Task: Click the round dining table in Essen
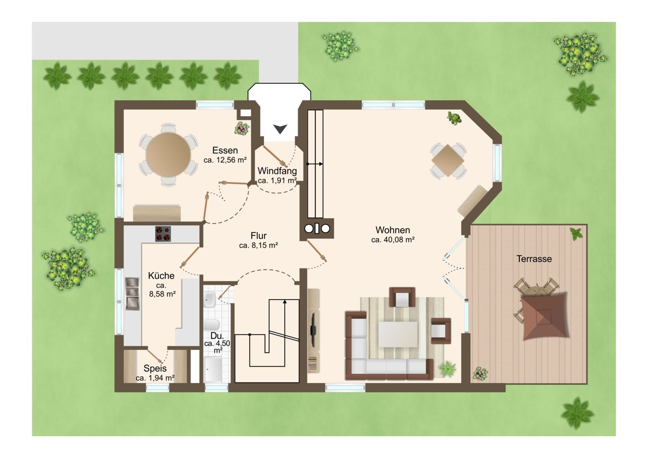(x=168, y=155)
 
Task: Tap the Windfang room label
(x=277, y=171)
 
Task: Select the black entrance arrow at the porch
(x=280, y=129)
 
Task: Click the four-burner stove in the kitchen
(x=163, y=234)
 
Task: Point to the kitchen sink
(x=132, y=294)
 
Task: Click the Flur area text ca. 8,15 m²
(x=259, y=246)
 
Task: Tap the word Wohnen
(x=393, y=230)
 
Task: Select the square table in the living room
(x=448, y=160)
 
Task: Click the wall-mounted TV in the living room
(x=313, y=329)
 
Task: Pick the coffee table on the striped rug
(x=398, y=334)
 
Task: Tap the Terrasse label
(x=534, y=259)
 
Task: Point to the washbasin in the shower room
(x=209, y=299)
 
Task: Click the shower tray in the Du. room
(x=213, y=370)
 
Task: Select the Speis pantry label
(x=155, y=368)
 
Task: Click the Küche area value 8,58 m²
(x=163, y=294)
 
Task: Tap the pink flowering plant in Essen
(x=242, y=128)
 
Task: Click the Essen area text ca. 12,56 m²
(x=225, y=160)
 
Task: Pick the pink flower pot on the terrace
(x=480, y=374)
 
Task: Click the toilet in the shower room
(x=211, y=325)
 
